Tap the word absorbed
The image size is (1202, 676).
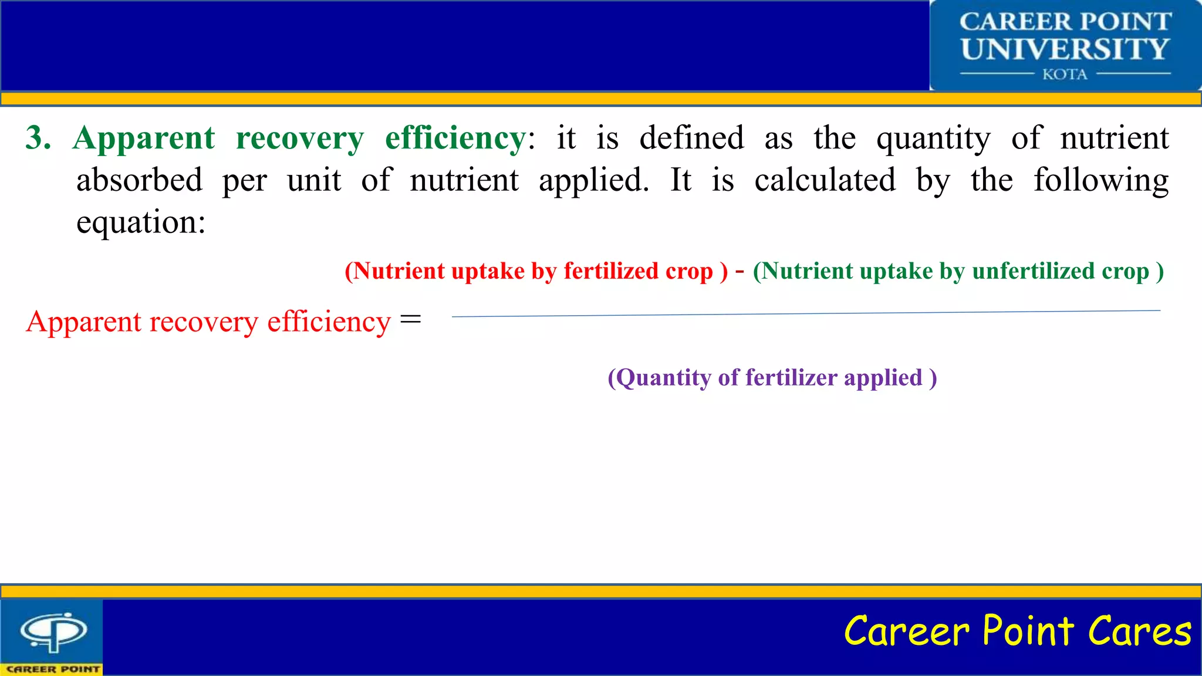pos(139,180)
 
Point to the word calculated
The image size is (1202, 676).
pos(825,180)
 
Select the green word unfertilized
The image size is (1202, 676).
pos(1033,271)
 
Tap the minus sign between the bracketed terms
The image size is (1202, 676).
pos(740,271)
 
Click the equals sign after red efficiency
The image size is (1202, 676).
pos(410,320)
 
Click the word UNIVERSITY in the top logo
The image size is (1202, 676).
pos(1065,49)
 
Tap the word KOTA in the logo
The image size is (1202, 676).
pos(1065,75)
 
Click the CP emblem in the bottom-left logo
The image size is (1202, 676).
pos(53,631)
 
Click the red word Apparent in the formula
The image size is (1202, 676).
pos(83,323)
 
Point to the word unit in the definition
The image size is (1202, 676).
pos(313,180)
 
